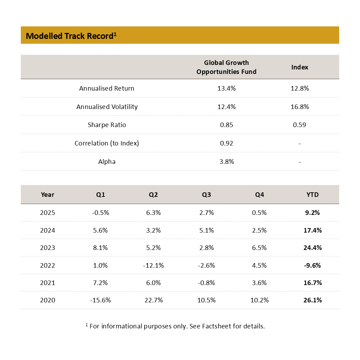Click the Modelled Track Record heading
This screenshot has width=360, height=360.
pyautogui.click(x=71, y=36)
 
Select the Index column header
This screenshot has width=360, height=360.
pyautogui.click(x=300, y=67)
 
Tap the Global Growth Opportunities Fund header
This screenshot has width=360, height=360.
pyautogui.click(x=226, y=67)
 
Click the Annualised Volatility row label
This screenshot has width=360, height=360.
pyautogui.click(x=107, y=107)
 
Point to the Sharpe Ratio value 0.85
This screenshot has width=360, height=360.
pyautogui.click(x=226, y=125)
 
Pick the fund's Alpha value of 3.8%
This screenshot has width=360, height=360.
pyautogui.click(x=226, y=161)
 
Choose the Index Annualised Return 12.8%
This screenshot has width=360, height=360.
pyautogui.click(x=300, y=88)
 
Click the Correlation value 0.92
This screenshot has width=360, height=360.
pyautogui.click(x=226, y=143)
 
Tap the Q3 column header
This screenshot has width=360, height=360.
pyautogui.click(x=206, y=194)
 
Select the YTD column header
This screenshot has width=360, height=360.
pyautogui.click(x=312, y=194)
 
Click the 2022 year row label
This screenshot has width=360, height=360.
pyautogui.click(x=48, y=265)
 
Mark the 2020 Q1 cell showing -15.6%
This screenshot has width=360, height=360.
pyautogui.click(x=100, y=300)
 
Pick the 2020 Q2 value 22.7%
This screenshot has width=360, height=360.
pyautogui.click(x=153, y=300)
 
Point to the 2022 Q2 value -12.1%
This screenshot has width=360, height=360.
pyautogui.click(x=153, y=265)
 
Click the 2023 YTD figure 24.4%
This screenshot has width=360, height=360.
pyautogui.click(x=312, y=248)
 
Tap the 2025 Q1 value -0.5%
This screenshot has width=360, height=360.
pyautogui.click(x=100, y=212)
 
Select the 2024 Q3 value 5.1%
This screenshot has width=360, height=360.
pyautogui.click(x=206, y=230)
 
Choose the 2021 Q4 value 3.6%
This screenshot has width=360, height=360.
pyautogui.click(x=259, y=283)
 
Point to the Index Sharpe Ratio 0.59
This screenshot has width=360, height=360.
pyautogui.click(x=300, y=125)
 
